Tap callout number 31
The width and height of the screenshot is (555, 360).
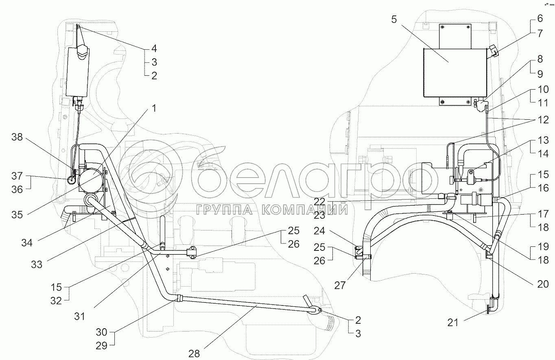(81, 316)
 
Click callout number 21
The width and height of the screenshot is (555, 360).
(453, 323)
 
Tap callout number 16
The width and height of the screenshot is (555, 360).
(543, 188)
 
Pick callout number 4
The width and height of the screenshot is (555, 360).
(154, 49)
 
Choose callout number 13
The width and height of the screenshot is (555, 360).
(543, 140)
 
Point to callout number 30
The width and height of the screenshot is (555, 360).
(102, 332)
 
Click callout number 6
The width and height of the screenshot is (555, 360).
(540, 18)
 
